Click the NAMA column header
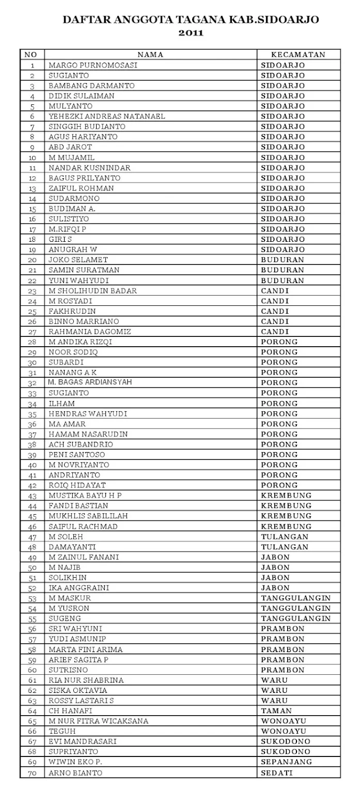tap(150, 55)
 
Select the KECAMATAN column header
tap(299, 55)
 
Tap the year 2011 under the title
tap(191, 33)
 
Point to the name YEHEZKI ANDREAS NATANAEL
tap(107, 116)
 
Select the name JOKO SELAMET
tap(78, 259)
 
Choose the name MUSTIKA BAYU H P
tap(85, 495)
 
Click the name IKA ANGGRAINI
tap(79, 588)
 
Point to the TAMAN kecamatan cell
tap(276, 710)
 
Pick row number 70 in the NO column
tap(33, 773)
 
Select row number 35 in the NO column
tap(33, 414)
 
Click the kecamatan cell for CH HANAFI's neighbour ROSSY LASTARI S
tap(274, 700)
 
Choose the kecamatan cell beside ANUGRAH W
tap(283, 250)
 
